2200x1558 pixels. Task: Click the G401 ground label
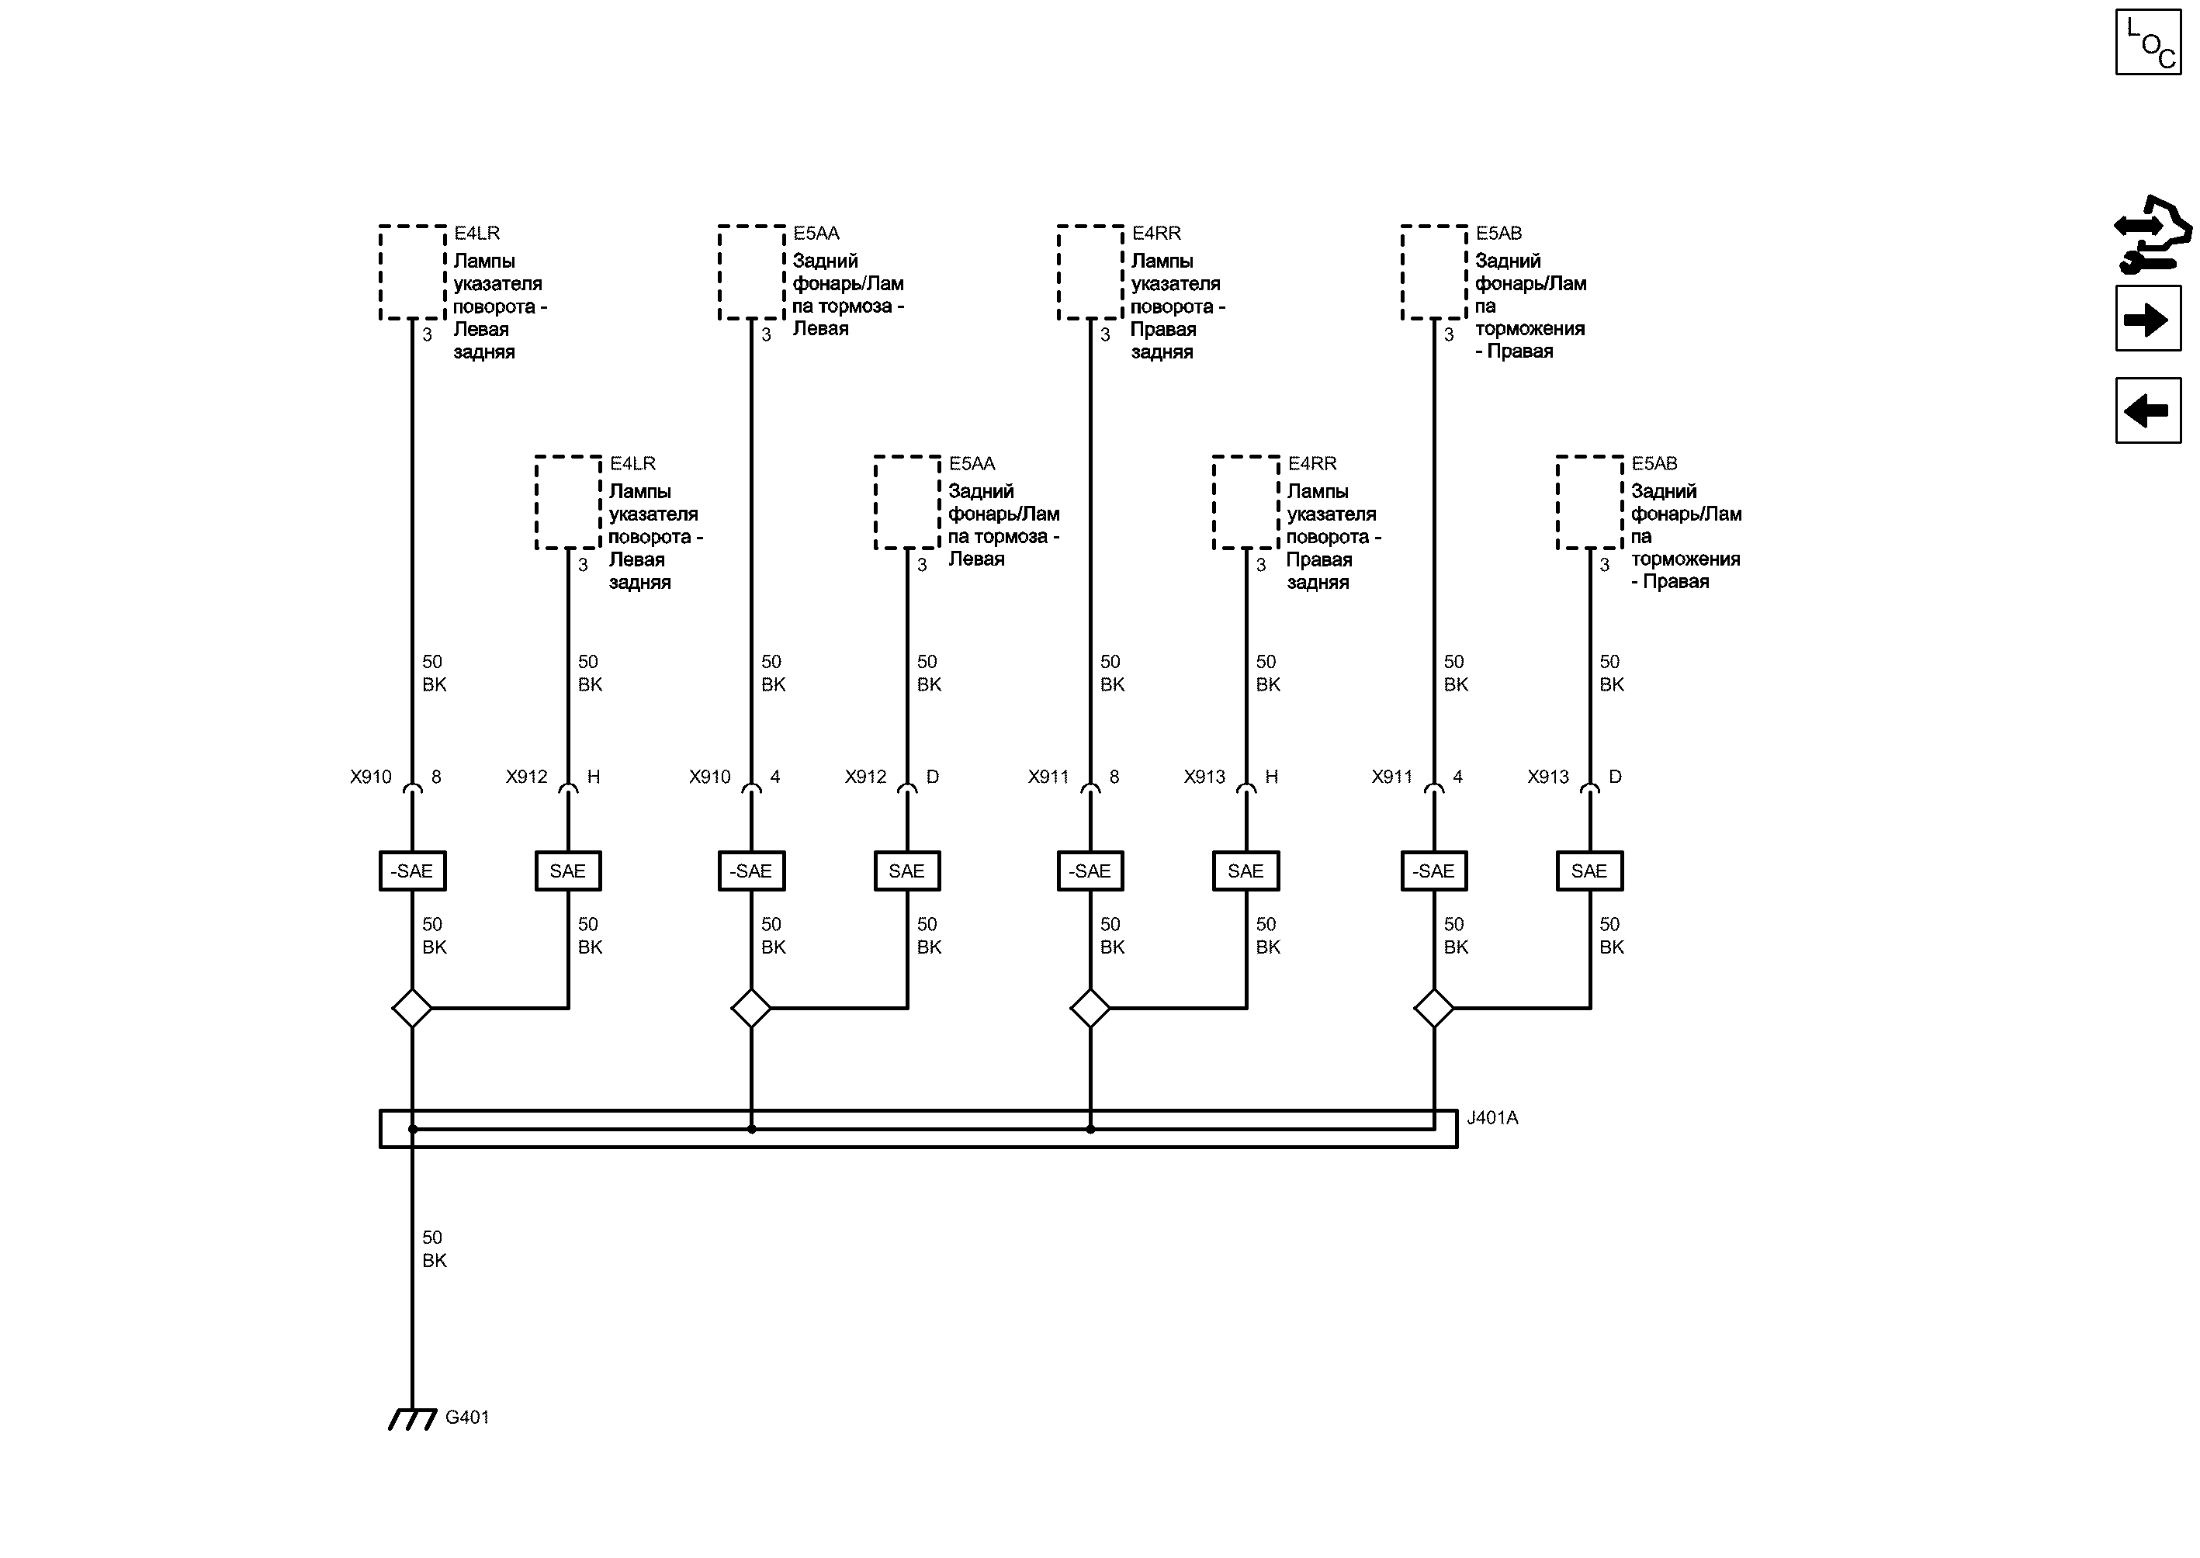[467, 1417]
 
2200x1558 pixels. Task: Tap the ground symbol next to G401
[411, 1419]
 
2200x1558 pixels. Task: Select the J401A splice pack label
[1492, 1117]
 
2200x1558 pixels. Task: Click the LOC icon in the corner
[2148, 41]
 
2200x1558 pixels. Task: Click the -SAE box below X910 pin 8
[413, 871]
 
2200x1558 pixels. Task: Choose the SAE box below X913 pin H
[1246, 871]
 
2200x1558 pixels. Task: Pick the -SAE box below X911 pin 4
[1433, 871]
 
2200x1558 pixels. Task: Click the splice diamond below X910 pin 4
[750, 1009]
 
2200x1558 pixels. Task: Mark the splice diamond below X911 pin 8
[1090, 1009]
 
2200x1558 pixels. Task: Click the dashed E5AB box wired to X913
[1589, 503]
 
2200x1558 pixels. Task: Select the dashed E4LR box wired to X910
[413, 272]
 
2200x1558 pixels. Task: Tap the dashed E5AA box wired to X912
[906, 503]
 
